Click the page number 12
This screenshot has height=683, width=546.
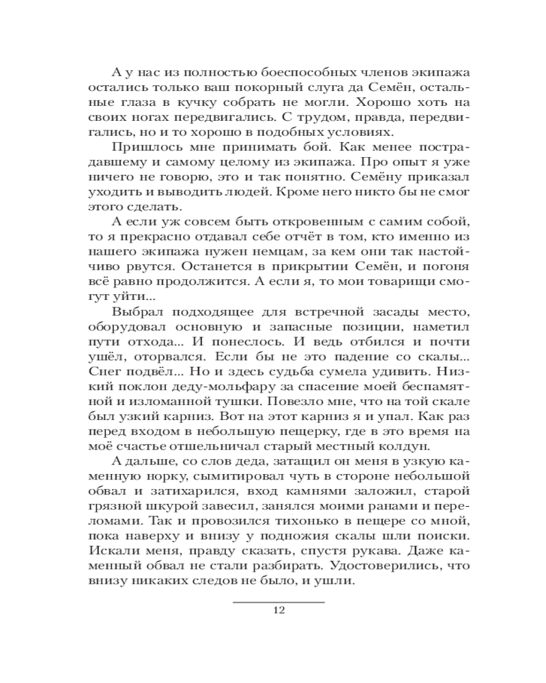[x=278, y=610]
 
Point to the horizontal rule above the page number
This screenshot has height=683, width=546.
[x=278, y=602]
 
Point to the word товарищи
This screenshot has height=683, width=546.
[x=390, y=275]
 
